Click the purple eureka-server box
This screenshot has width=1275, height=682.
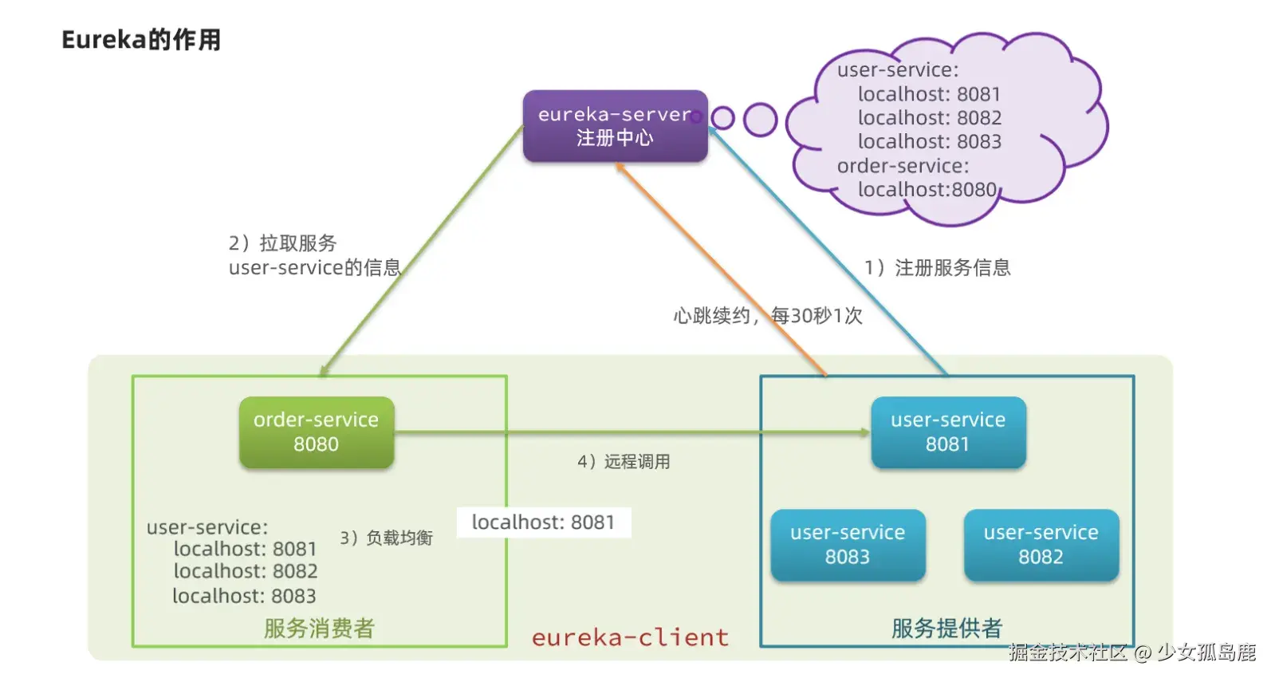[x=615, y=126]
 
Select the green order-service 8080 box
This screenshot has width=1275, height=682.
[x=317, y=432]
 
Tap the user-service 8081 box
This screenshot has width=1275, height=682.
[x=948, y=432]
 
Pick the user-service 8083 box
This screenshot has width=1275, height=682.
[x=848, y=545]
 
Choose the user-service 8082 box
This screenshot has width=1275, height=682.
[x=1041, y=545]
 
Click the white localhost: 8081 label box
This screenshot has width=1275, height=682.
[x=544, y=522]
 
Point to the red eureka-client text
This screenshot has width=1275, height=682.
[x=630, y=637]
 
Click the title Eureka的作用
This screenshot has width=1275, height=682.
[x=141, y=40]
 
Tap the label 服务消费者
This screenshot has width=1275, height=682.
[x=319, y=629]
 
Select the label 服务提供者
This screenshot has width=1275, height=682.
[x=946, y=629]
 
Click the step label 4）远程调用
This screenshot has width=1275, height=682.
[x=624, y=462]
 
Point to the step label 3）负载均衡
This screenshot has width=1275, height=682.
[x=386, y=538]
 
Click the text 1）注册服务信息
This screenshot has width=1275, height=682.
[x=938, y=268]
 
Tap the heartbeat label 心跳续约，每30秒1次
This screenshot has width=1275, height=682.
[x=767, y=316]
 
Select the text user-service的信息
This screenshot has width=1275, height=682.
[x=314, y=268]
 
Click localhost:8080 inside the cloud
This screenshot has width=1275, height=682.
[x=927, y=190]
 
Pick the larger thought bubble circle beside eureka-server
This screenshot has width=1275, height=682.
[x=760, y=120]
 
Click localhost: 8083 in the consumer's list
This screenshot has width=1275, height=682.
[x=244, y=596]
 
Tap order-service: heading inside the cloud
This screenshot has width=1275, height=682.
[x=903, y=166]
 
